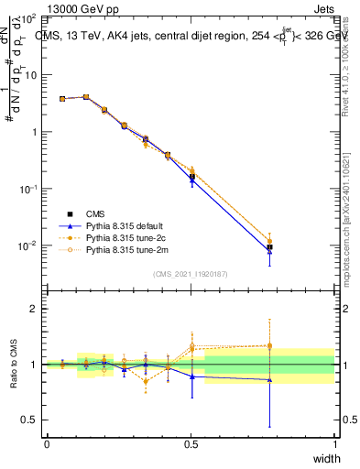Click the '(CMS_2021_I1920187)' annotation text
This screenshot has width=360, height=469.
191,273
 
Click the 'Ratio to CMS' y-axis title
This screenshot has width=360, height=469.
16,363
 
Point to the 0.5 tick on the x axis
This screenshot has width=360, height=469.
191,444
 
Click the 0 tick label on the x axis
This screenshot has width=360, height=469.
48,444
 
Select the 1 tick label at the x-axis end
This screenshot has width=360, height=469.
334,444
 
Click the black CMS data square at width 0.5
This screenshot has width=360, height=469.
191,176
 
